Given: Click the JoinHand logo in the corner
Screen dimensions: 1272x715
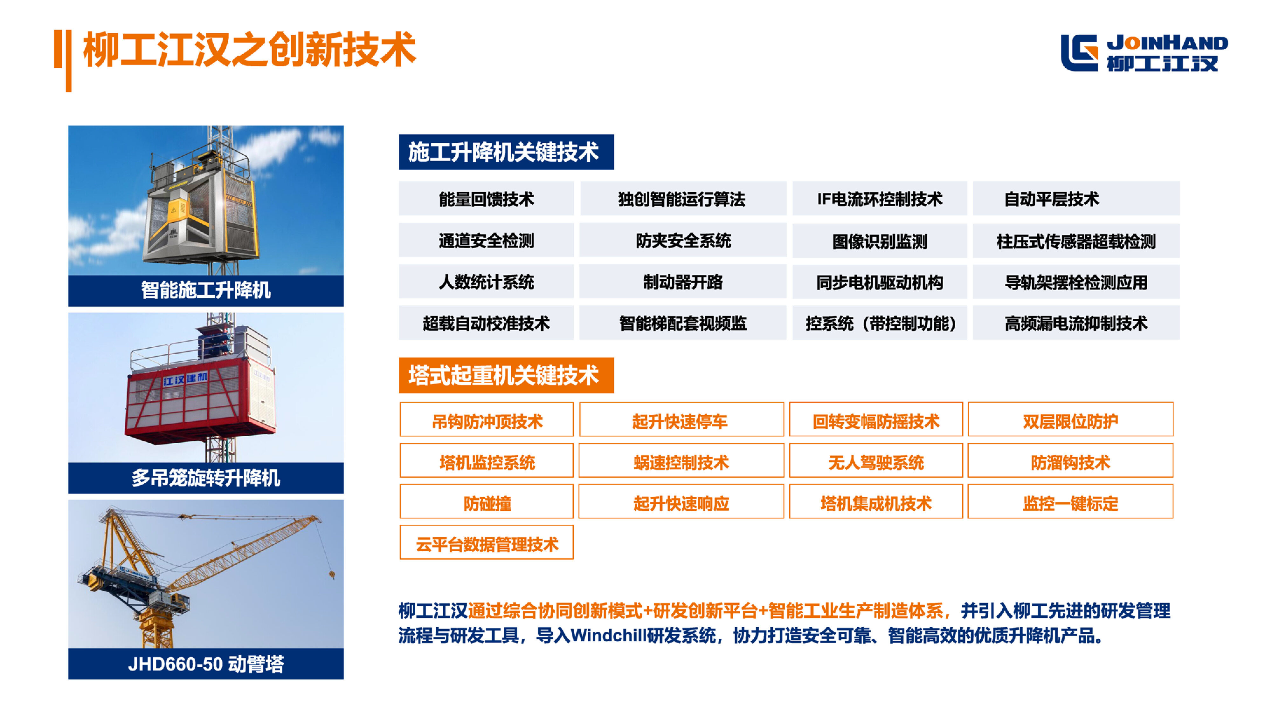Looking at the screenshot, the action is tap(1144, 53).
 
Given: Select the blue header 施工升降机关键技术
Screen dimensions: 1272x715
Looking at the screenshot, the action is tap(506, 152).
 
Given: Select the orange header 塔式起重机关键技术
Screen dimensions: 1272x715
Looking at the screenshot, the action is tap(506, 375).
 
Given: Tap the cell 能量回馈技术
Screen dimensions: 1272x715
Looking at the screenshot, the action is tap(487, 199).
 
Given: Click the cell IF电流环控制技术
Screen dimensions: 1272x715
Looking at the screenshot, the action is tap(880, 199).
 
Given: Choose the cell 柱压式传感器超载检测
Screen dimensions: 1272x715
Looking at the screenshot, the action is tap(1076, 241).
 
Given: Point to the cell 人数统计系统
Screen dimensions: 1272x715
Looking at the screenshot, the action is tap(487, 282).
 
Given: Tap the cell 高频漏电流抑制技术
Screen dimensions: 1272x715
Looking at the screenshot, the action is tap(1076, 323).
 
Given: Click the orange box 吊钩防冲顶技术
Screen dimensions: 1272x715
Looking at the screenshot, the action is tap(487, 419).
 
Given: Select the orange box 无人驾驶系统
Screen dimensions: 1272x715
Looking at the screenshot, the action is tap(876, 460).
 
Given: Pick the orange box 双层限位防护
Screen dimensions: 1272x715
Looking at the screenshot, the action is tap(1070, 419).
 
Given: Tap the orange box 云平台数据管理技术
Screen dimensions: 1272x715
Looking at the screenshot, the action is tap(487, 542).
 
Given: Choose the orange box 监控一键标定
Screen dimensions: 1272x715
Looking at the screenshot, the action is tap(1070, 501).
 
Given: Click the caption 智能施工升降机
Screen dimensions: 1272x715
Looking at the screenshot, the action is tap(206, 290).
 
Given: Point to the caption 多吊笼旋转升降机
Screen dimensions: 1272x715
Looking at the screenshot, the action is tap(206, 478).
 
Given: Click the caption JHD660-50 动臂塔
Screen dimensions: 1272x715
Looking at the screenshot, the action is tap(206, 664).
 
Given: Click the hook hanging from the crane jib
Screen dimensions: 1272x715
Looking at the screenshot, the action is tap(332, 574).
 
